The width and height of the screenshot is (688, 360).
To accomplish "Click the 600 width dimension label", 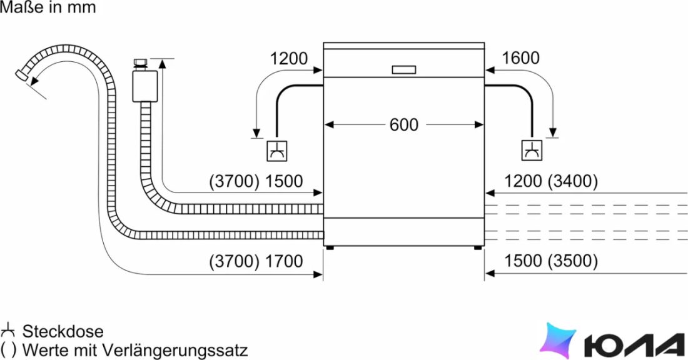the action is pyautogui.click(x=403, y=125).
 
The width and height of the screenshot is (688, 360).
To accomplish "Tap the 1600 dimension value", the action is pyautogui.click(x=520, y=58).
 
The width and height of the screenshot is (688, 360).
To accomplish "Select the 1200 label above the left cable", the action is pyautogui.click(x=289, y=58).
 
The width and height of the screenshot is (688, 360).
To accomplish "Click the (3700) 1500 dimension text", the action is pyautogui.click(x=256, y=181).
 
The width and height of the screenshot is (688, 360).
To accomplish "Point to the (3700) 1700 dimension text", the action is pyautogui.click(x=256, y=261).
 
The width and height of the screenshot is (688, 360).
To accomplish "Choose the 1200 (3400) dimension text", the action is pyautogui.click(x=551, y=181).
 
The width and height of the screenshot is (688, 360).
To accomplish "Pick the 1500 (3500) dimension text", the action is pyautogui.click(x=551, y=261).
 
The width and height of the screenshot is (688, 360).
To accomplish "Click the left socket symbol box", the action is pyautogui.click(x=277, y=151).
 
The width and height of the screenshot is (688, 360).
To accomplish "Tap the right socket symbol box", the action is pyautogui.click(x=532, y=151).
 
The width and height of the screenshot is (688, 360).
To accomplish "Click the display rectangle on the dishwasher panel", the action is pyautogui.click(x=403, y=70).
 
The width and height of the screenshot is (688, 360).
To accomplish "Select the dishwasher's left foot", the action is pyautogui.click(x=330, y=248).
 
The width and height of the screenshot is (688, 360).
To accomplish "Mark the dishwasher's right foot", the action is pyautogui.click(x=477, y=248).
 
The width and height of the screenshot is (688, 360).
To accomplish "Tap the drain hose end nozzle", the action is pyautogui.click(x=21, y=76).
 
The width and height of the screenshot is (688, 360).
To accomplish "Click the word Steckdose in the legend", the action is pyautogui.click(x=63, y=331).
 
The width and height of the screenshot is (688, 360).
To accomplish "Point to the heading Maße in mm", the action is pyautogui.click(x=48, y=7).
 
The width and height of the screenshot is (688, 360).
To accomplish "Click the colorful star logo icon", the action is pyautogui.click(x=557, y=341).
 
